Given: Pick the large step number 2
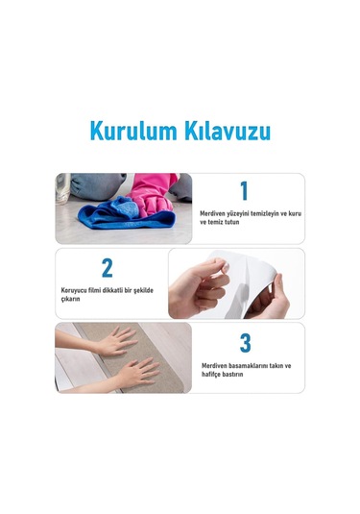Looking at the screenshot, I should tap(108, 268).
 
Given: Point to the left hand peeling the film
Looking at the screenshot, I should tap(201, 285).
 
